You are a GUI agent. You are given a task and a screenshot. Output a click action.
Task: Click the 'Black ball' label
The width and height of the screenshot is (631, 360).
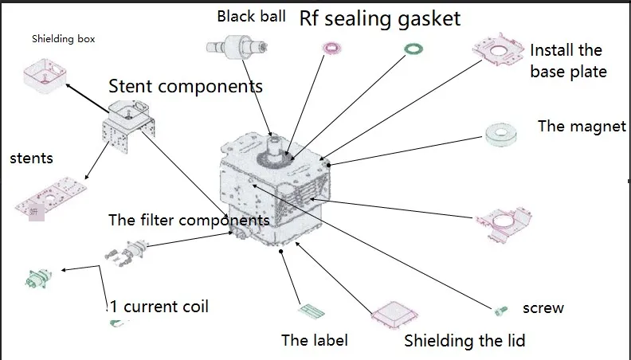(251, 16)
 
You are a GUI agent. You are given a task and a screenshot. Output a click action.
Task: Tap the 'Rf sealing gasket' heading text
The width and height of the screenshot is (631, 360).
(380, 18)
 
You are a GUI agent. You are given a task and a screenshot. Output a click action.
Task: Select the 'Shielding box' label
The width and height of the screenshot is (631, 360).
(64, 38)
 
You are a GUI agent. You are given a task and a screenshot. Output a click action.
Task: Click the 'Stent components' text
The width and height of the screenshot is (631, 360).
(186, 85)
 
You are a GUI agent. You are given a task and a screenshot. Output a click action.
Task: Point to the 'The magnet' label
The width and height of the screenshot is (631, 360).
(582, 126)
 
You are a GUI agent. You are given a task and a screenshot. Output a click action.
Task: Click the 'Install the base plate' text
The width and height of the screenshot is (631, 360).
(568, 61)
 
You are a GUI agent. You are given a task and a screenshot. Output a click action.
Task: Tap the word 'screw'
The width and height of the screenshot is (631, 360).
(543, 307)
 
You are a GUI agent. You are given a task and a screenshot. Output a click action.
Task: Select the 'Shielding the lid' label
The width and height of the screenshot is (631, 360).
(464, 341)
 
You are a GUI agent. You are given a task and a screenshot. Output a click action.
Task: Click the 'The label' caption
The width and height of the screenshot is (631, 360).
(315, 340)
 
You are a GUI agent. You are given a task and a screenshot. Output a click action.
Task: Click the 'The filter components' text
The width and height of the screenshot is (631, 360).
(188, 220)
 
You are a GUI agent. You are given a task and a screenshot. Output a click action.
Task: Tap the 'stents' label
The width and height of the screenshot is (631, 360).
(31, 158)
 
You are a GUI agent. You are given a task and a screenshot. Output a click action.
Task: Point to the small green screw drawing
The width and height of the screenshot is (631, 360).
(500, 309)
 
